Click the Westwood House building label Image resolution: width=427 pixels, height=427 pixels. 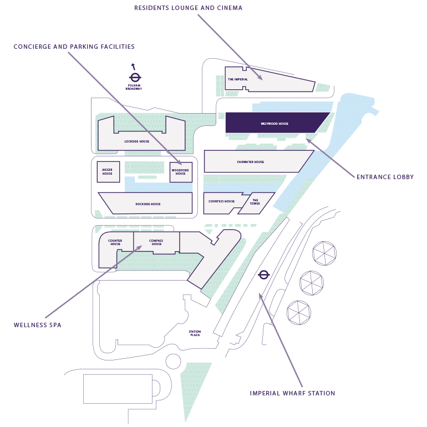pos(274,124)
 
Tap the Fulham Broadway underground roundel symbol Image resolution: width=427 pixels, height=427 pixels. pos(134,78)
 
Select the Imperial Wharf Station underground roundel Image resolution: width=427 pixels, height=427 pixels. pos(264,274)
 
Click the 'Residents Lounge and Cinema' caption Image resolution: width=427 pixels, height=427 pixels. pos(189,8)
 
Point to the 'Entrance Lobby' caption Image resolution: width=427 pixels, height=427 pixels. pos(385,177)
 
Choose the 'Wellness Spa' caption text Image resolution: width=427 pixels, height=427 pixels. pos(38,325)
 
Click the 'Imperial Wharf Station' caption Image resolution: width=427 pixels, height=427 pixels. pos(292,393)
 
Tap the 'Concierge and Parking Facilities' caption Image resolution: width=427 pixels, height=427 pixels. pos(74,47)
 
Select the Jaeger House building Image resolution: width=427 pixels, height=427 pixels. pos(108,172)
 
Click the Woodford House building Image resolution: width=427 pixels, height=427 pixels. pos(181,172)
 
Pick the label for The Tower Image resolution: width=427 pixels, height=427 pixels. pos(255,202)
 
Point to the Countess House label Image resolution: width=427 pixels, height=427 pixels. pos(221,201)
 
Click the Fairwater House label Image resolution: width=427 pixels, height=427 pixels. pos(251,162)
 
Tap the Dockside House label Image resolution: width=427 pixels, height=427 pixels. pos(148,204)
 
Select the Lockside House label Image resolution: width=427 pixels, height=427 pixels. pos(137,141)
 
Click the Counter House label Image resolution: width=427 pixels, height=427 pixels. pos(115,242)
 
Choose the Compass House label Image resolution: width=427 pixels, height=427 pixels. pos(157,242)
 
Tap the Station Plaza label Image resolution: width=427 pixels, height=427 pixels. pos(195,333)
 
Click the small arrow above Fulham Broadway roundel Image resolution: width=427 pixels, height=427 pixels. pos(133,66)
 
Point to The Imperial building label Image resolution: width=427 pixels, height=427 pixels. pos(238,79)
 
